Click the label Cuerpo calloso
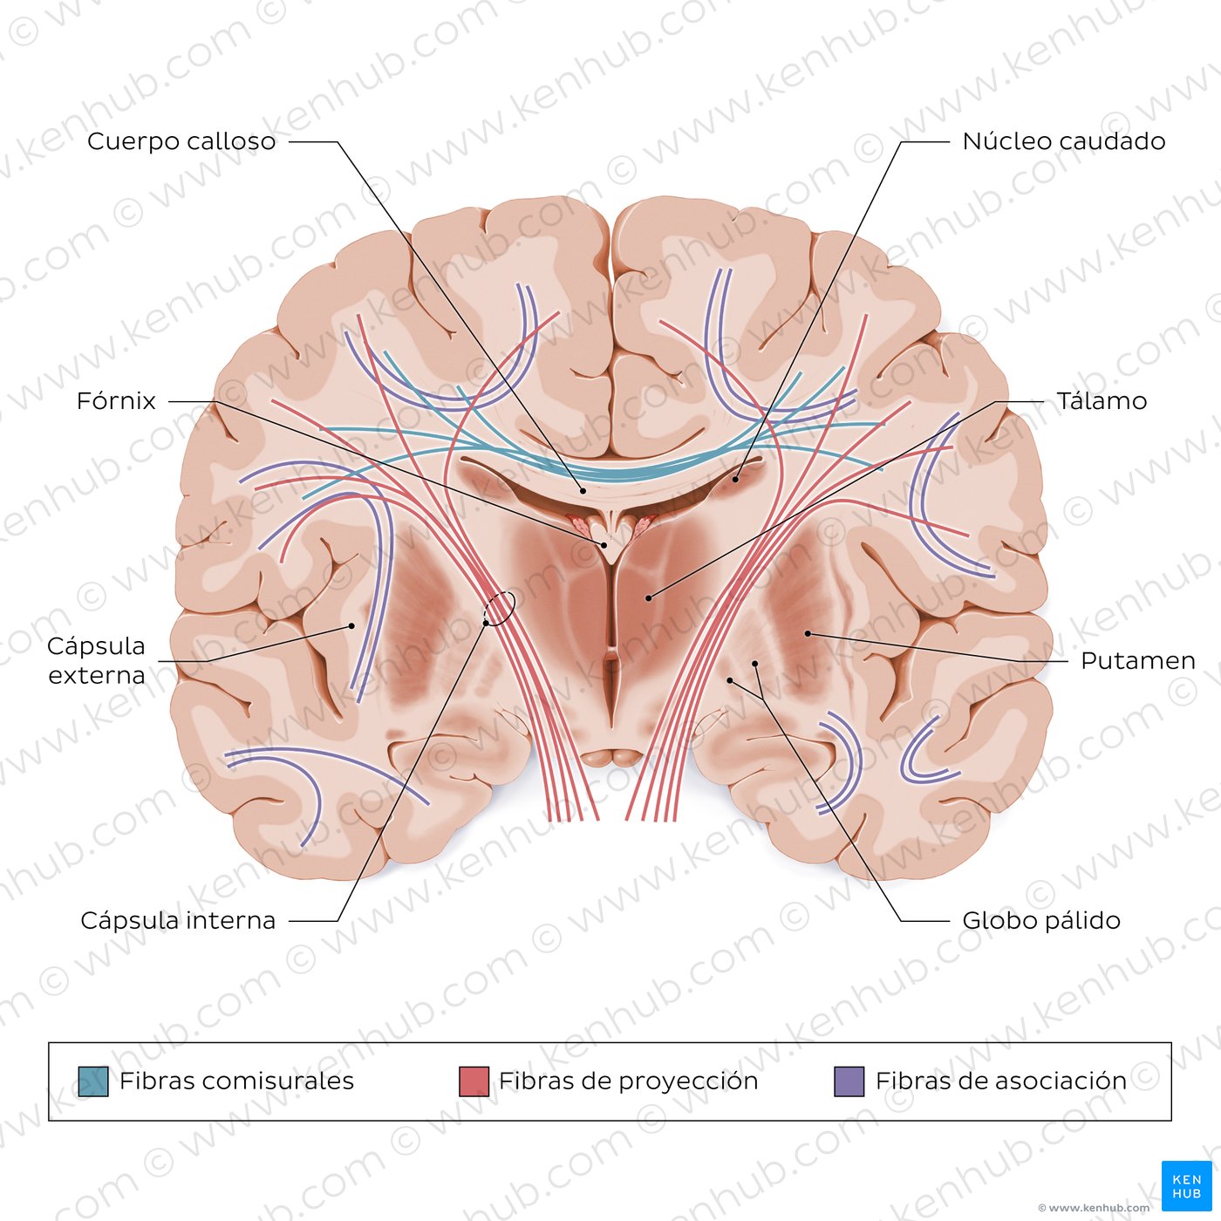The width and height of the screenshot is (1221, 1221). coord(181,140)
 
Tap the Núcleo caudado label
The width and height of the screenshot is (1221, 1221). coord(1063,140)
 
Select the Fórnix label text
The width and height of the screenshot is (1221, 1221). coord(116,400)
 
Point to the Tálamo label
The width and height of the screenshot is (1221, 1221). coord(1102,400)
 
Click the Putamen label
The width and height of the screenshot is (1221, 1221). coord(1137,660)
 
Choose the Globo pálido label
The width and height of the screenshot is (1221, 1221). coord(1041,920)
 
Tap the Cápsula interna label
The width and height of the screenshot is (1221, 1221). coord(178,920)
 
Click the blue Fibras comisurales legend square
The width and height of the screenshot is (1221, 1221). coord(93,1081)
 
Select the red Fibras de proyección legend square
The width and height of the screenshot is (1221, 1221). coord(474,1081)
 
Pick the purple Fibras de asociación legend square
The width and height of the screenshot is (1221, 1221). coord(849,1081)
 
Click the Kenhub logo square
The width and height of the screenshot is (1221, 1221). coord(1187,1186)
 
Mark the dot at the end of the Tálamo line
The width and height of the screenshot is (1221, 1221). coord(649,597)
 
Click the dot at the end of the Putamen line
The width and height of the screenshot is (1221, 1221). coord(808,633)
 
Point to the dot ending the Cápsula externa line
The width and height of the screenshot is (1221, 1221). coord(351,626)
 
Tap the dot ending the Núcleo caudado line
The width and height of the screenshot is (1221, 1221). coord(735,479)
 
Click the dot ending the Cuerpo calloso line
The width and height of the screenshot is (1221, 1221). coord(583,490)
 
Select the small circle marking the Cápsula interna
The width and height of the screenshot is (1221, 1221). coord(500,608)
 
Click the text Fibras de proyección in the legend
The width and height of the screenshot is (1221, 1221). coord(628,1081)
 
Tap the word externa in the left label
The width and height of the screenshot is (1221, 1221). coord(96,675)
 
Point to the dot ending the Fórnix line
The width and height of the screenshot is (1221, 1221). coord(604,545)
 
